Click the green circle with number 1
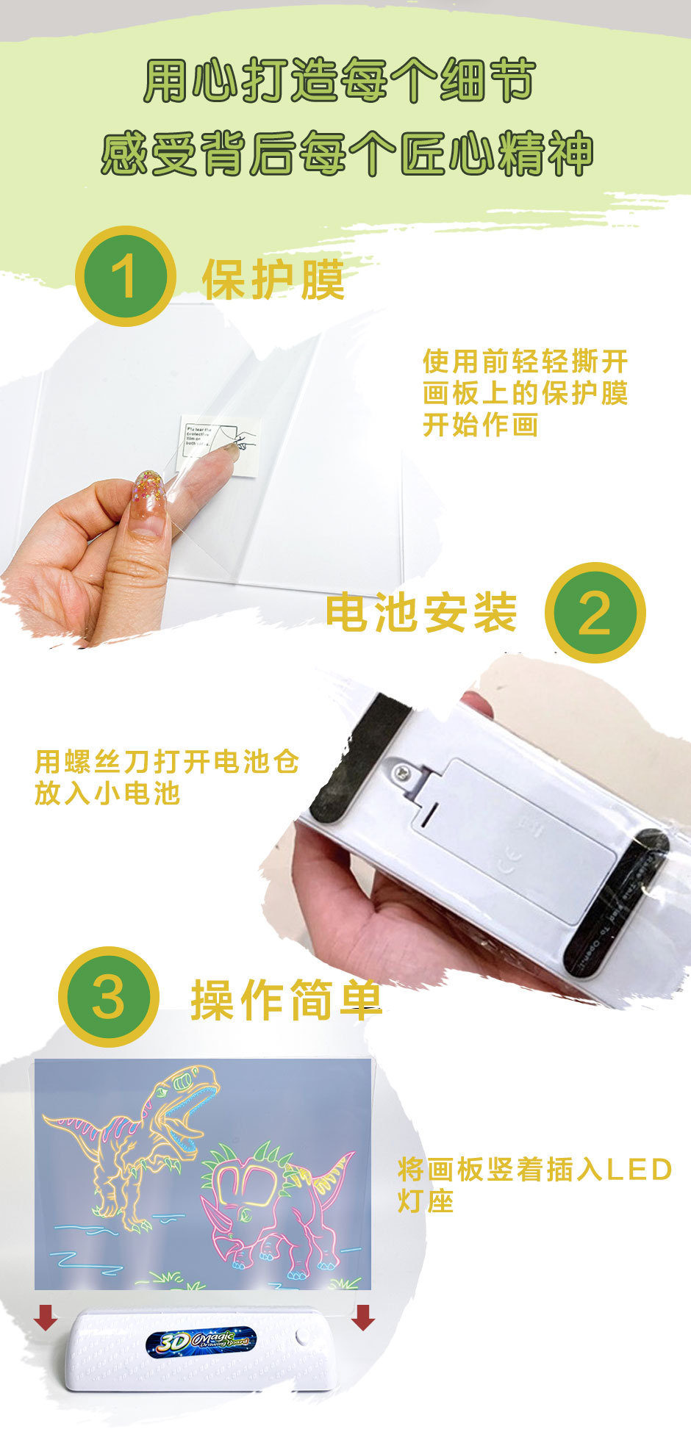[126, 276]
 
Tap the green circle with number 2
[595, 612]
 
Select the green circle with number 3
[109, 996]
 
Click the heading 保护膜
[273, 280]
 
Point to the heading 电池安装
[421, 612]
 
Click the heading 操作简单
[287, 999]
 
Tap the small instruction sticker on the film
[218, 444]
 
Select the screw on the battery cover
[403, 771]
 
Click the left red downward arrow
[46, 1317]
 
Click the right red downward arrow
[362, 1317]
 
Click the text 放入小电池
[107, 793]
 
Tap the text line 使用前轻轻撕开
[525, 361]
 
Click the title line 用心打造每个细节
[339, 81]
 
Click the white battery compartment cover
[515, 830]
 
